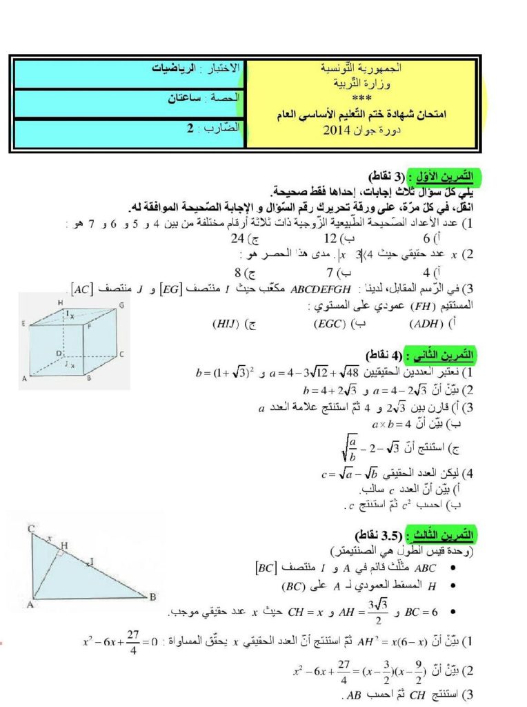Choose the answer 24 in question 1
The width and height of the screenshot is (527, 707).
point(239,239)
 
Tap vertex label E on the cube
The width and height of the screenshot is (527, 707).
point(23,322)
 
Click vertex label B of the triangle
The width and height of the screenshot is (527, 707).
point(152,597)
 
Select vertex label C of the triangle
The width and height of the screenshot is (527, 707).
point(31,530)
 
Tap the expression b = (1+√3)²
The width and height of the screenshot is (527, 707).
point(225,374)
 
